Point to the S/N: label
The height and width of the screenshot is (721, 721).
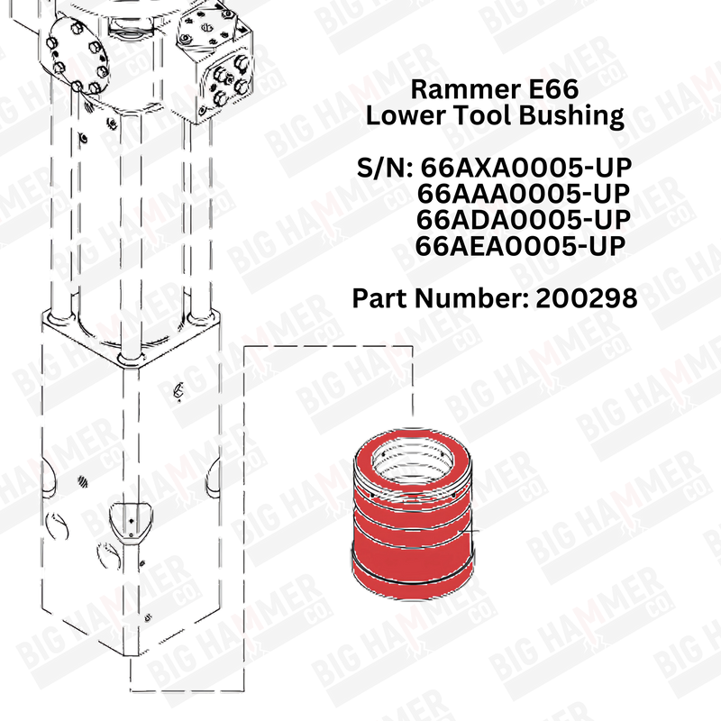(385, 168)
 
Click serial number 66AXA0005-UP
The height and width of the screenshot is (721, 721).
(526, 168)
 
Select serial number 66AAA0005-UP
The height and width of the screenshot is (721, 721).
(524, 194)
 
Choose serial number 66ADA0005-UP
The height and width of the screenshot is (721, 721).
(524, 220)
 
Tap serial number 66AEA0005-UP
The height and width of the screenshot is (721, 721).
(520, 246)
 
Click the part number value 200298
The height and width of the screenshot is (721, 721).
(587, 298)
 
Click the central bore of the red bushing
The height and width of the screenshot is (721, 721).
(413, 461)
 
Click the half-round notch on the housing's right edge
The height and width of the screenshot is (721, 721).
(214, 480)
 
